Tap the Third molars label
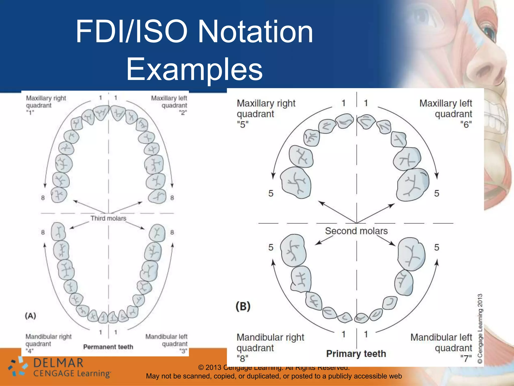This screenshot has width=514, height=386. coord(108,218)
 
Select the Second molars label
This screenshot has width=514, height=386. coord(356,231)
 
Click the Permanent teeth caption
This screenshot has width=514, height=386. coord(108,347)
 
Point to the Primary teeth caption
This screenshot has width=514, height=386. coord(356,354)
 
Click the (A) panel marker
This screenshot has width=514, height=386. coord(30,316)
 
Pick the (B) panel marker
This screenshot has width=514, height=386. coord(243,306)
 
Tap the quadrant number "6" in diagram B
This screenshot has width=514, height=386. coord(466,124)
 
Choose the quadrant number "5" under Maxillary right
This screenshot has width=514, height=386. coord(243,124)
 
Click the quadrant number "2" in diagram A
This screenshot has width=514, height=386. coord(183,113)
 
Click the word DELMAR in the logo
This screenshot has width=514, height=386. coord(58,363)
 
